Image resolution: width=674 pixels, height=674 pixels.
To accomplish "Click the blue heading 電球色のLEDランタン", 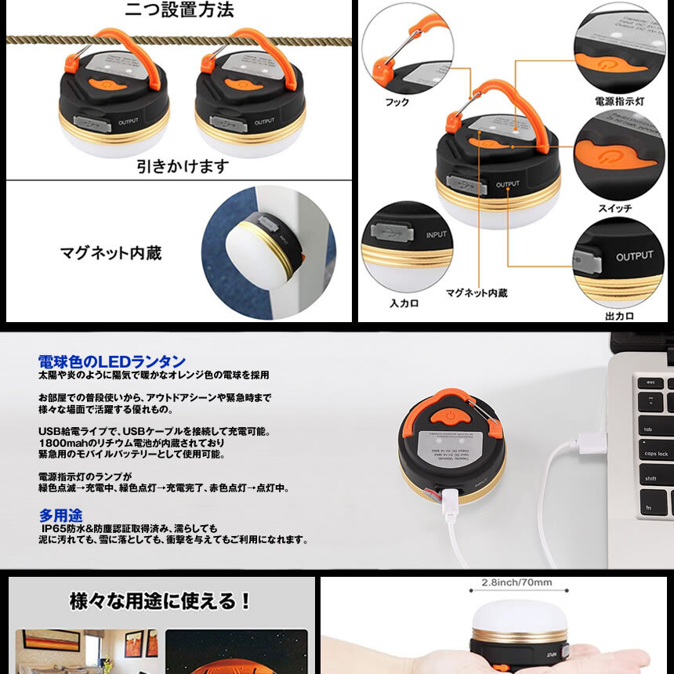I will (x=112, y=362).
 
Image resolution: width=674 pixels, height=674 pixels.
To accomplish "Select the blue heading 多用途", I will (x=60, y=516).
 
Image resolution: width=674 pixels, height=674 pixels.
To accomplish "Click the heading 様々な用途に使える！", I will (x=161, y=601).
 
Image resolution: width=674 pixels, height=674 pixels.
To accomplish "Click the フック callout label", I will (x=397, y=103).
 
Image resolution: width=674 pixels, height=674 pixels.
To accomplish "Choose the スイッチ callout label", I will (x=614, y=208).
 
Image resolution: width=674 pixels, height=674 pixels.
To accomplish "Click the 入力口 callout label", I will (x=404, y=303).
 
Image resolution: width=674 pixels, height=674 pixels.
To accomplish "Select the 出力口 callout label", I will (x=619, y=316).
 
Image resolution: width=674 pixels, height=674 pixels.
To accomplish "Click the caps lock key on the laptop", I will (x=656, y=454).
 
